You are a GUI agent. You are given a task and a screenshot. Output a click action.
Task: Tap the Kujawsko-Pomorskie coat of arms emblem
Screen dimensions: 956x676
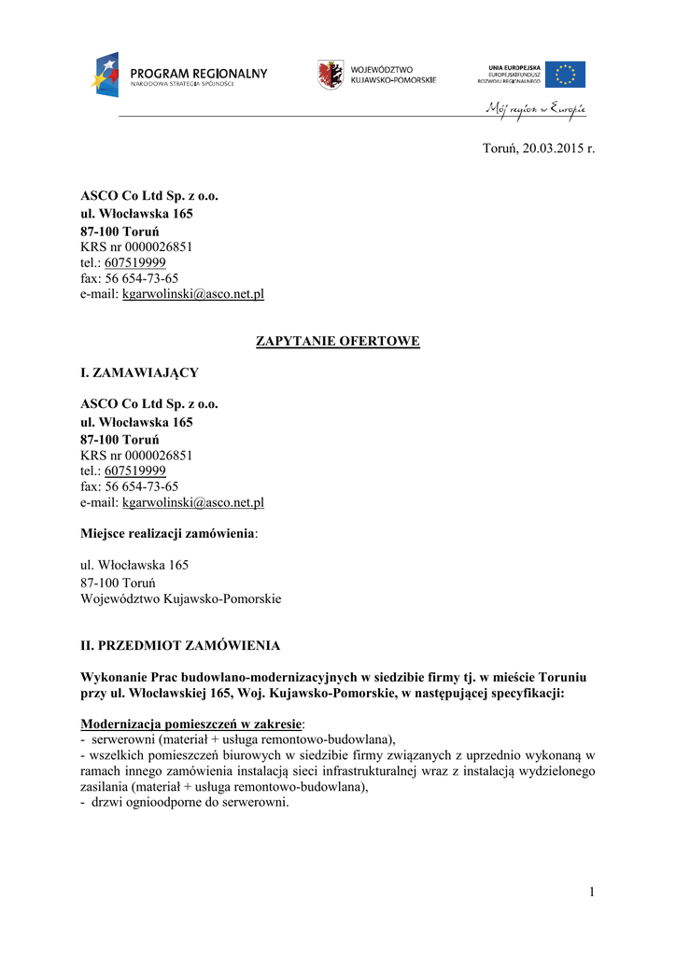click(x=329, y=75)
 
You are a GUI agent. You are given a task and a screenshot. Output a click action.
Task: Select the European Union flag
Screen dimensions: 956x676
click(x=565, y=74)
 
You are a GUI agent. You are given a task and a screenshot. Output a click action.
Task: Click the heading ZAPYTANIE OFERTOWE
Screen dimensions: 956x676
click(x=338, y=342)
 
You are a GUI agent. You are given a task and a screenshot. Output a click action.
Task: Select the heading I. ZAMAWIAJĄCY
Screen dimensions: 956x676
click(x=139, y=373)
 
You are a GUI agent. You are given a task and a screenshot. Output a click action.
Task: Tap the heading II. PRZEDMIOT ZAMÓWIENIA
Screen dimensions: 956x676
click(x=180, y=645)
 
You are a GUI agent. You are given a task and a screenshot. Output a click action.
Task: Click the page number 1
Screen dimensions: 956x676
click(x=591, y=892)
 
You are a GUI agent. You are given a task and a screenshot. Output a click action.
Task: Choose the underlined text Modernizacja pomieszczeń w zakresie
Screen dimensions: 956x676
click(x=191, y=724)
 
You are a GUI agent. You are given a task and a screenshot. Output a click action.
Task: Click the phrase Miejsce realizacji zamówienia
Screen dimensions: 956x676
click(x=168, y=533)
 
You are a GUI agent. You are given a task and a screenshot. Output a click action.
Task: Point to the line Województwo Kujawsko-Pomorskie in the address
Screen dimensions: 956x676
click(x=181, y=598)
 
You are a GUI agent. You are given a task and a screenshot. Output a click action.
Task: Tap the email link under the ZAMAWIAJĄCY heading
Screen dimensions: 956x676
click(x=193, y=502)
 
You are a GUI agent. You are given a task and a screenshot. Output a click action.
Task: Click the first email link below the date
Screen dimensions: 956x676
click(x=193, y=293)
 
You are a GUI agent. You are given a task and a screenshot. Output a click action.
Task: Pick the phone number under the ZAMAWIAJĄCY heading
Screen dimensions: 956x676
click(x=135, y=471)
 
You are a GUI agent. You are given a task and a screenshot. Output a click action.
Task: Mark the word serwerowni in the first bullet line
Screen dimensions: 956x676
click(x=121, y=738)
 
